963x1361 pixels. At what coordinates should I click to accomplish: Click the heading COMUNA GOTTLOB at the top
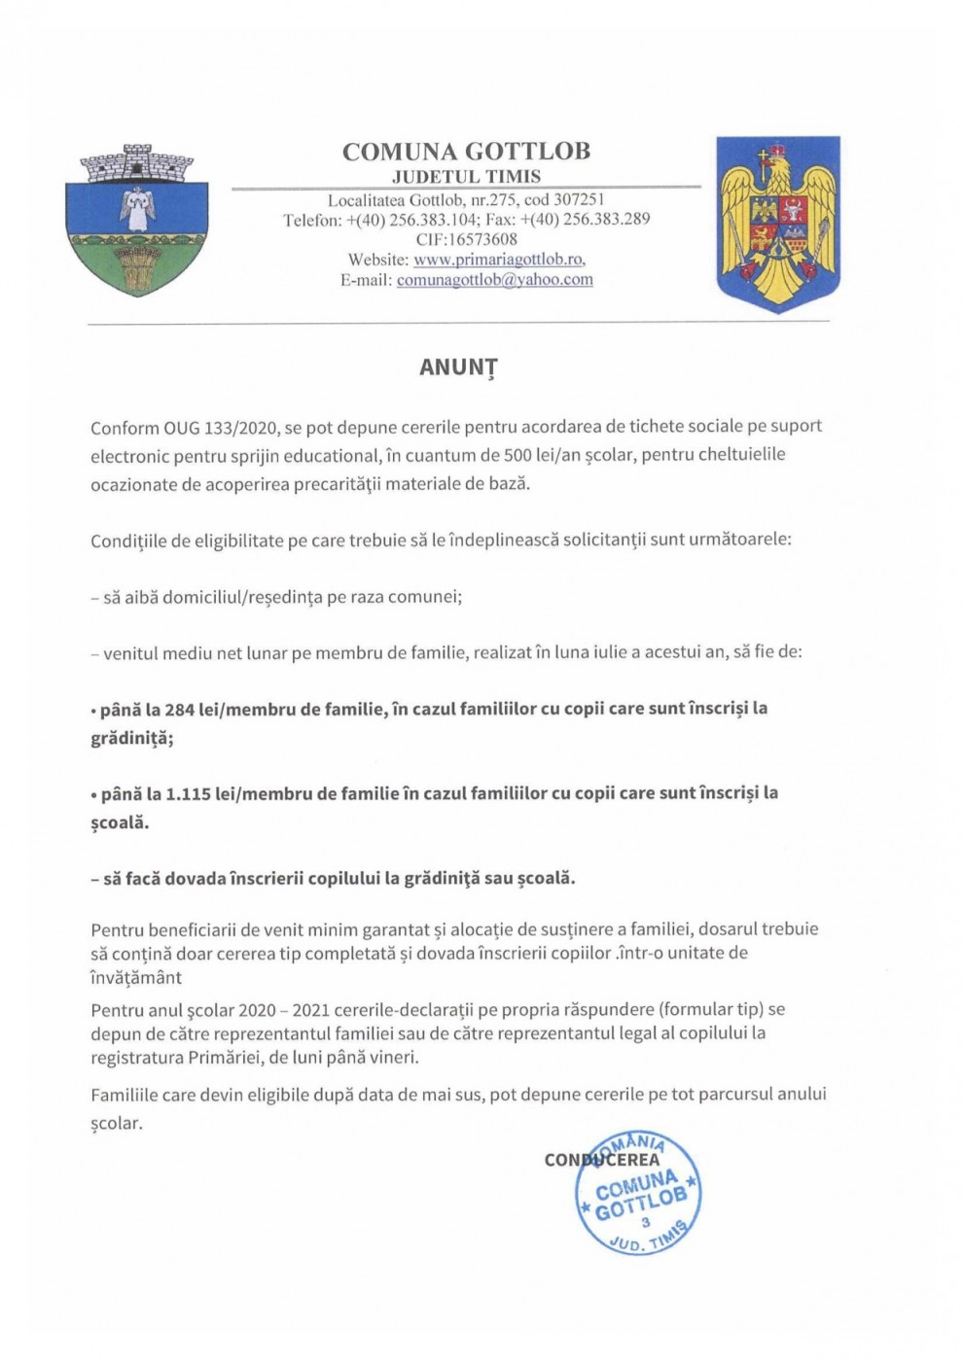click(x=466, y=152)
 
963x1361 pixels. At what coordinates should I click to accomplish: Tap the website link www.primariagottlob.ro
click(x=499, y=260)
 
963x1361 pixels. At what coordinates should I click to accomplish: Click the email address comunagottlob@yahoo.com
click(x=494, y=280)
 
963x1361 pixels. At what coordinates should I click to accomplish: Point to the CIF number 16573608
click(x=481, y=239)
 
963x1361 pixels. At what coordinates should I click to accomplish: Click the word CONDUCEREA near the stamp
click(x=602, y=1160)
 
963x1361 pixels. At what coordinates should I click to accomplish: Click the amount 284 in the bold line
click(x=179, y=709)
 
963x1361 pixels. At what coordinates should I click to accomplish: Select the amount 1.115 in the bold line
click(x=188, y=793)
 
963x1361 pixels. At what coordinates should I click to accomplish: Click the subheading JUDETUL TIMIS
click(x=466, y=177)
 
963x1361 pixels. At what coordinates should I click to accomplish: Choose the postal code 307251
click(x=579, y=200)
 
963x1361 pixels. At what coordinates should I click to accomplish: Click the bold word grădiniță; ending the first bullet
click(x=132, y=738)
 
